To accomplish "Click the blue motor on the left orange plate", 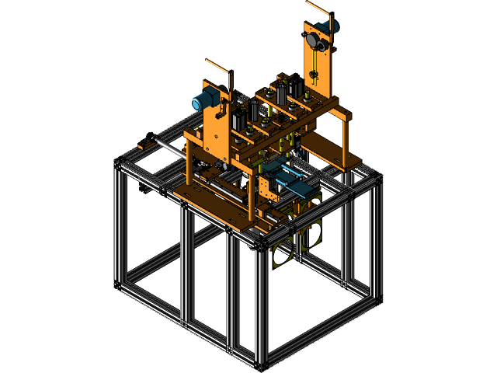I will click(204, 99).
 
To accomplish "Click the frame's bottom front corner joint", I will click(261, 362).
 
